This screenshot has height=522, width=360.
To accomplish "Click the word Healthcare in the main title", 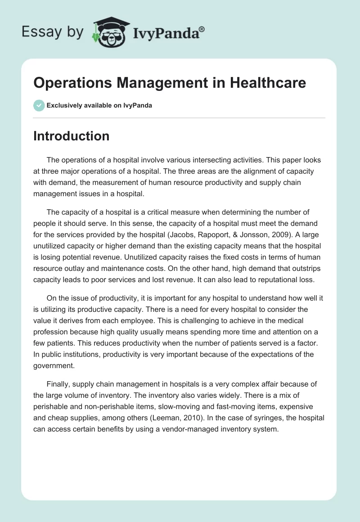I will point(268,83).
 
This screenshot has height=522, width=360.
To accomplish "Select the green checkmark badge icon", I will point(39,105).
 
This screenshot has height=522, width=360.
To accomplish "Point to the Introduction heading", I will point(71,136).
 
